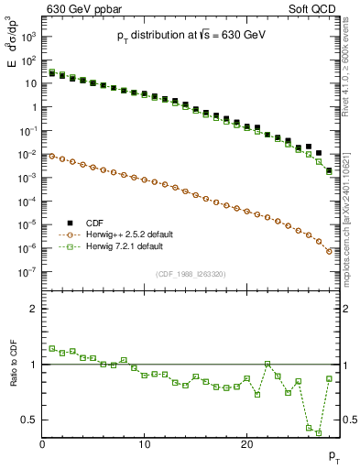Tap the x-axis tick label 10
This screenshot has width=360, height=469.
click(145, 444)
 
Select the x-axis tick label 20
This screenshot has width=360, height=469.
click(246, 444)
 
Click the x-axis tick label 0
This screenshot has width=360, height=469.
click(42, 444)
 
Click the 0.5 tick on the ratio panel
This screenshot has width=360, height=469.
click(30, 420)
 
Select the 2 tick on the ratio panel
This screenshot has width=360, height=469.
click(34, 309)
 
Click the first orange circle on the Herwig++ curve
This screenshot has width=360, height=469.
click(52, 157)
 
